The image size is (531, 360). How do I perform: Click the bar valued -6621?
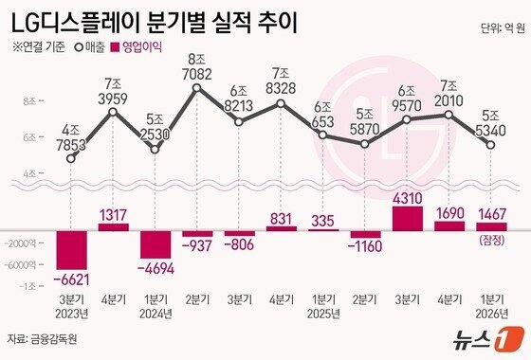pos(72,248)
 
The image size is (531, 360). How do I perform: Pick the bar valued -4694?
pos(155,243)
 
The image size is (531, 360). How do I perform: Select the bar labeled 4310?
pos(406,216)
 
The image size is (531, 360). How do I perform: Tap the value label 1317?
pos(114,214)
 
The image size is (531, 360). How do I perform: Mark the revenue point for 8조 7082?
pos(196,88)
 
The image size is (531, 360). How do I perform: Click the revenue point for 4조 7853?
pos(71,159)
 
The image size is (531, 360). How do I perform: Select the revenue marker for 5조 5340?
pos(489,145)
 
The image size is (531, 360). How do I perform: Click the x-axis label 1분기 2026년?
pos(489,309)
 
